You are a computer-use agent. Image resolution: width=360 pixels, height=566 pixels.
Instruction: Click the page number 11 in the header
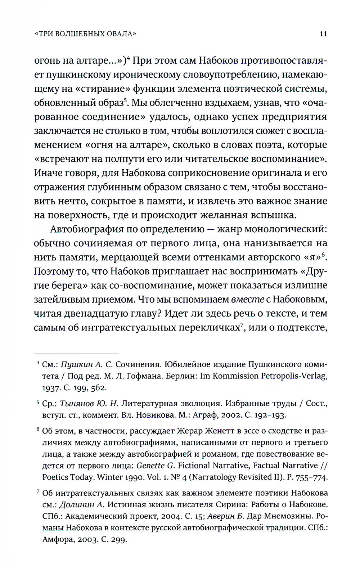point(323,34)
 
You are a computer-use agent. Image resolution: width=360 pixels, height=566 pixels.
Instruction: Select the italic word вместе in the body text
point(246,300)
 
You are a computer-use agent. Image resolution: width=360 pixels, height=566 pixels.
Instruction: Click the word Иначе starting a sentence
point(48,173)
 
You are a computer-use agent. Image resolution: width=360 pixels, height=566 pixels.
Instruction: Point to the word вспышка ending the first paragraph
point(272,215)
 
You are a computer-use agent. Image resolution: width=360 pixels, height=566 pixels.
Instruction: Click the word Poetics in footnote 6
point(54,477)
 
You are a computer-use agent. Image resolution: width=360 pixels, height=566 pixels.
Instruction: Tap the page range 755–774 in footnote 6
point(311,477)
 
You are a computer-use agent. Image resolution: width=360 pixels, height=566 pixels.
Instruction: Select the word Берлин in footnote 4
point(182,376)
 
